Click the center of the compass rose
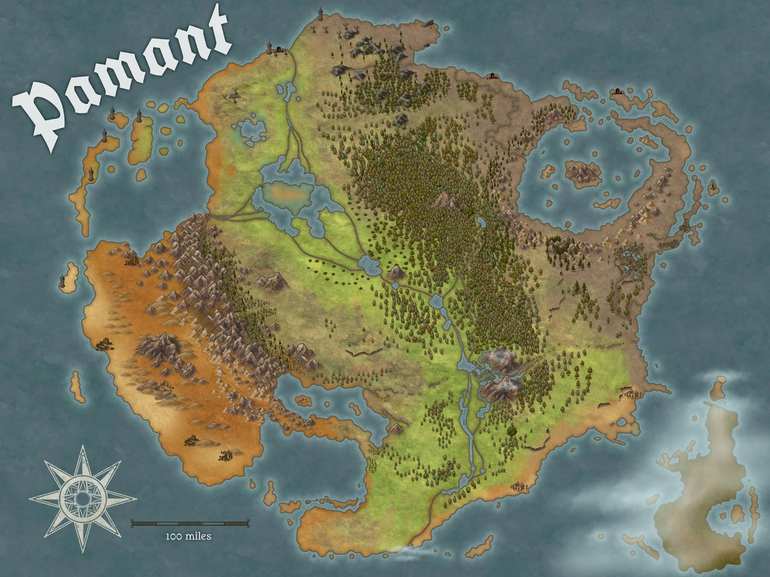pyautogui.click(x=82, y=498)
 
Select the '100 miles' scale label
pyautogui.click(x=188, y=536)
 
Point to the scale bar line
pyautogui.click(x=190, y=524)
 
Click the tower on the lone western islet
pyautogui.click(x=63, y=281)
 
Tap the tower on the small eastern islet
pyautogui.click(x=712, y=187)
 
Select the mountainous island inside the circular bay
pyautogui.click(x=583, y=171)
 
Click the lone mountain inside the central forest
pyautogui.click(x=446, y=201)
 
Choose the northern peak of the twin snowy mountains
pyautogui.click(x=501, y=360)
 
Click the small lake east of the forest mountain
pyautogui.click(x=481, y=222)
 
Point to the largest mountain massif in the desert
pyautogui.click(x=157, y=346)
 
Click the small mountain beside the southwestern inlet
pyautogui.click(x=397, y=428)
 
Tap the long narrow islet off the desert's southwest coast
pyautogui.click(x=78, y=387)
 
